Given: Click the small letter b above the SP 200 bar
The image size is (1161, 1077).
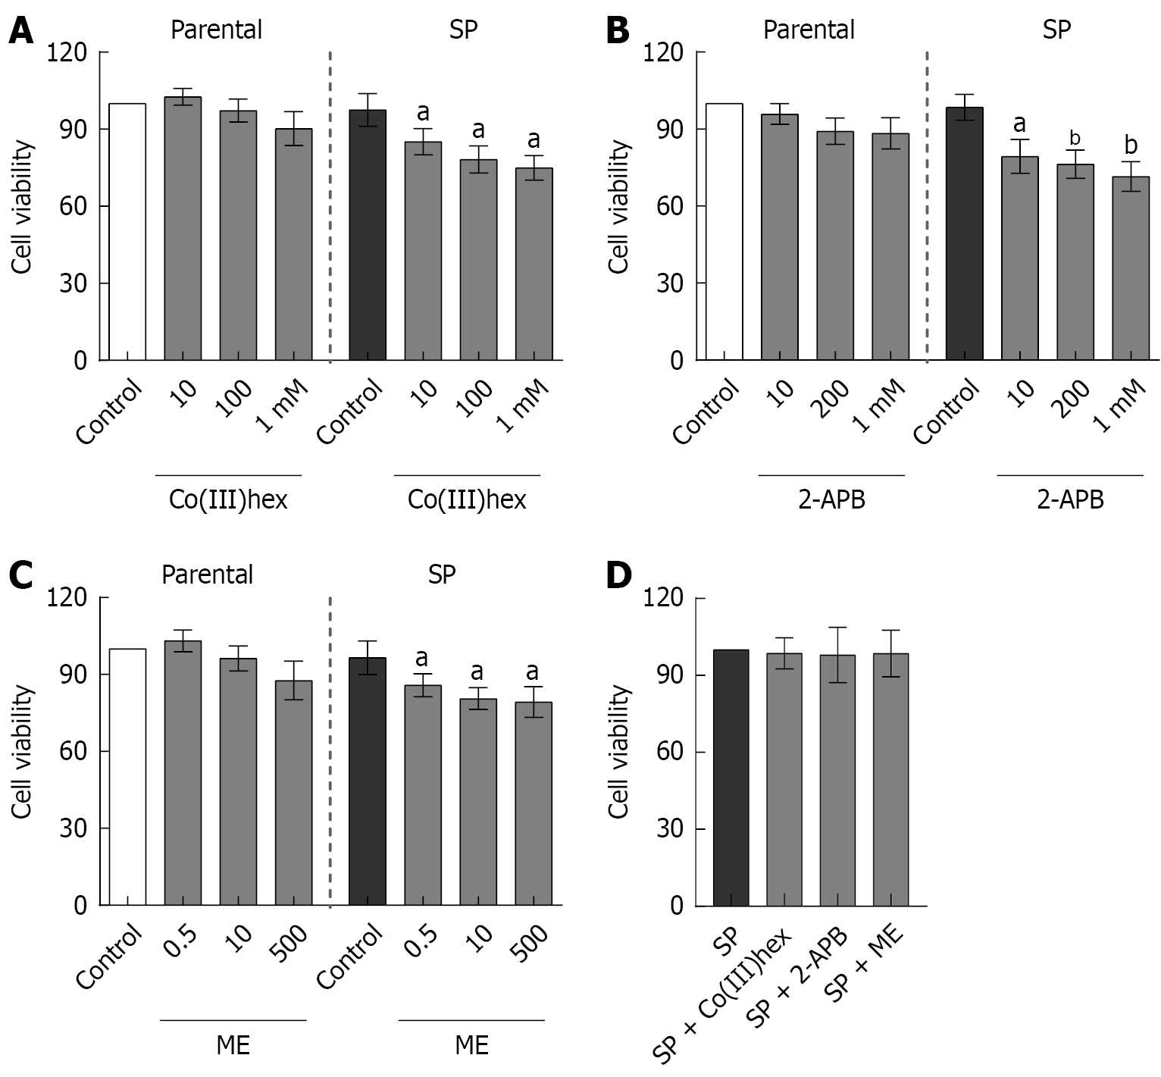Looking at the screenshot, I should click(x=1075, y=139).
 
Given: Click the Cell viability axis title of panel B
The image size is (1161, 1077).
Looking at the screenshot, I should click(x=619, y=206).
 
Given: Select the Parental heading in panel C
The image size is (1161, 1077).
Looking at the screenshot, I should click(x=207, y=575).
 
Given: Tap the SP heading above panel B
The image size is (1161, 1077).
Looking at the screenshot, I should click(x=1056, y=30).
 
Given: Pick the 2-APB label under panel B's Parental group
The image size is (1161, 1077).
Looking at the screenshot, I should click(x=831, y=500).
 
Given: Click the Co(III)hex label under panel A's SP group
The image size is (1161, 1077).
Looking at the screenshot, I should click(x=467, y=500).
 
